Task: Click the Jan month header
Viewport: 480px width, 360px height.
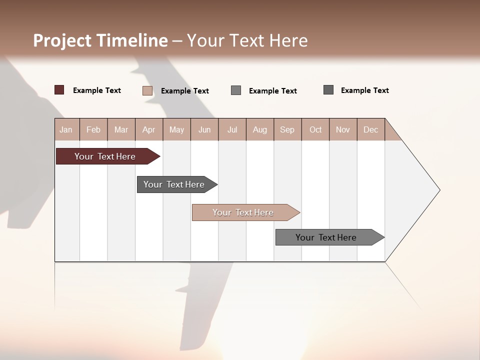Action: click(66, 129)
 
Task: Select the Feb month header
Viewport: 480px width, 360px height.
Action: click(93, 129)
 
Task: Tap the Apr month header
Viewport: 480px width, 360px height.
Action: click(149, 129)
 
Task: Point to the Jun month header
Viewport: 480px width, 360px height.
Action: click(204, 129)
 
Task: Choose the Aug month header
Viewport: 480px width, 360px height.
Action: click(260, 129)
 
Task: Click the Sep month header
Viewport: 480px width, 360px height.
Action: click(287, 129)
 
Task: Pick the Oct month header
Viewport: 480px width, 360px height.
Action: click(315, 129)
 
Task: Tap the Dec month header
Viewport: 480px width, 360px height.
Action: click(371, 129)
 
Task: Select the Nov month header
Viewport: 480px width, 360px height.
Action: click(343, 129)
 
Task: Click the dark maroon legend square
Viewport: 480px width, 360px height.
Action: click(59, 90)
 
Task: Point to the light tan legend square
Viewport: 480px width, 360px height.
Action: click(147, 90)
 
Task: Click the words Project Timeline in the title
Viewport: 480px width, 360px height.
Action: click(100, 40)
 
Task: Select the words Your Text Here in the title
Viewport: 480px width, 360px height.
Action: click(247, 40)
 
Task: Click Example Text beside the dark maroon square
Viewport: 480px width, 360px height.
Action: click(97, 90)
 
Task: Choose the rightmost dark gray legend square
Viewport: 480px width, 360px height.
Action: click(328, 90)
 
